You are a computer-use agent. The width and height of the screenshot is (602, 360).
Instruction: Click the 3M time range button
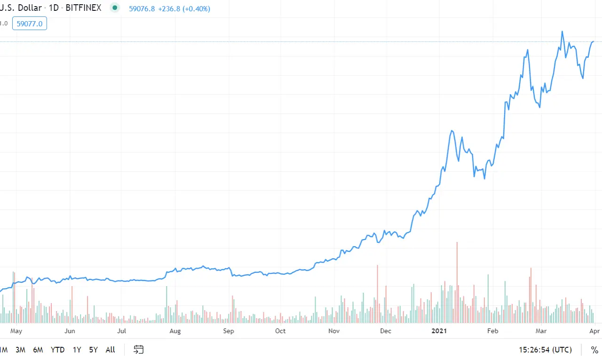pyautogui.click(x=20, y=350)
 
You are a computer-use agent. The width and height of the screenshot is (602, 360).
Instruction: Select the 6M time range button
pyautogui.click(x=38, y=350)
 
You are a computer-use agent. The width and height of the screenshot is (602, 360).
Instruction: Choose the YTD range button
pyautogui.click(x=57, y=350)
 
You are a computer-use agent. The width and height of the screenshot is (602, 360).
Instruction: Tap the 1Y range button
pyautogui.click(x=77, y=350)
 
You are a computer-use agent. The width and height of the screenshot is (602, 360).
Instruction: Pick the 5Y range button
pyautogui.click(x=93, y=350)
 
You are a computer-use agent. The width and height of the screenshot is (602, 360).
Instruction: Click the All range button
pyautogui.click(x=110, y=350)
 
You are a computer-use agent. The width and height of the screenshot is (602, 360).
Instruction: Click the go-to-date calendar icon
pyautogui.click(x=138, y=349)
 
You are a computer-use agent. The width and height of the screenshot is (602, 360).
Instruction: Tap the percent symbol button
pyautogui.click(x=594, y=350)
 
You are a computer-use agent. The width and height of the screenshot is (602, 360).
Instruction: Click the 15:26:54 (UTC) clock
pyautogui.click(x=545, y=350)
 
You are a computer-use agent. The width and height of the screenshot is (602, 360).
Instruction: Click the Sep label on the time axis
pyautogui.click(x=228, y=331)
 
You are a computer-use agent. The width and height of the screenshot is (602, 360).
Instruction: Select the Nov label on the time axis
pyautogui.click(x=334, y=331)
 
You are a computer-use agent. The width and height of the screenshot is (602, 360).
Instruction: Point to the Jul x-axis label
pyautogui.click(x=122, y=331)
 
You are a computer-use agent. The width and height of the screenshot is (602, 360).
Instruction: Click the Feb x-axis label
pyautogui.click(x=492, y=331)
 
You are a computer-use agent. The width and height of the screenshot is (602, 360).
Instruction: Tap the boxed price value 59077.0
pyautogui.click(x=30, y=23)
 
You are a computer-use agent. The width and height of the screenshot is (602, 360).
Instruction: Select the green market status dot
pyautogui.click(x=114, y=8)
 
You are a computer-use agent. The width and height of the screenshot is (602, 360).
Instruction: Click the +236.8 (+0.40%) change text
pyautogui.click(x=183, y=8)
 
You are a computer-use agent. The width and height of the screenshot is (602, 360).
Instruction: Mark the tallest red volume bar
pyautogui.click(x=457, y=282)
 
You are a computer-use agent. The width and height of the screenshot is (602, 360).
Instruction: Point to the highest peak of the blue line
pyautogui.click(x=562, y=32)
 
